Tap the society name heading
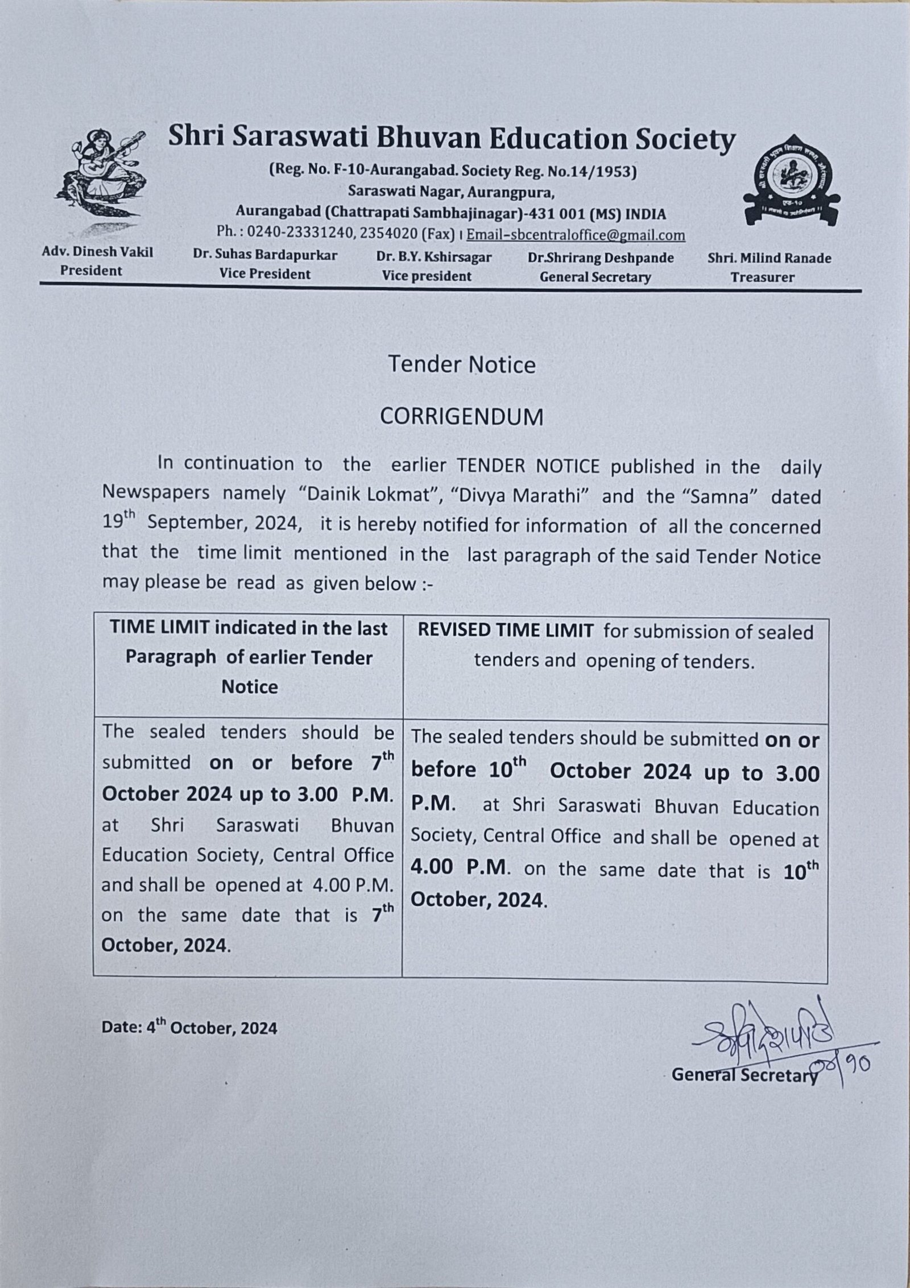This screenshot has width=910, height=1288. [451, 139]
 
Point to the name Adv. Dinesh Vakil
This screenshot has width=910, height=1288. [98, 252]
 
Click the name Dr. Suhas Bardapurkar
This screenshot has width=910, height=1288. [265, 255]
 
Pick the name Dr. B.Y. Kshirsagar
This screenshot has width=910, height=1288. [434, 257]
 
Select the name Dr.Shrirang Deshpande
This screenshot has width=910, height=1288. [601, 258]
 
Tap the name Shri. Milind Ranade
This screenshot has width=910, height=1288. [769, 259]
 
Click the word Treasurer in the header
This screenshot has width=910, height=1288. [762, 278]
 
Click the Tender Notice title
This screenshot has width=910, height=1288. [461, 365]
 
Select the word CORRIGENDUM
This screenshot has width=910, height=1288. [461, 417]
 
